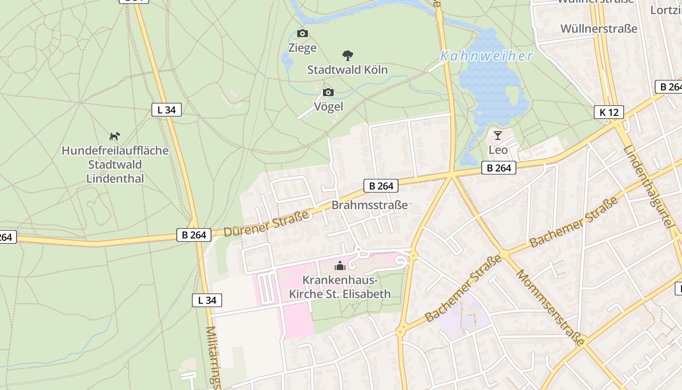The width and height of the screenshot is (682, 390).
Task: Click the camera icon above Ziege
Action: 303,34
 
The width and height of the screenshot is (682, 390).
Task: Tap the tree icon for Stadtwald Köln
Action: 347,55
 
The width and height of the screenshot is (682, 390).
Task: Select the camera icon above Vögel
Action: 328,92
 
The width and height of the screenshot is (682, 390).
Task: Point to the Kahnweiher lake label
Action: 487,56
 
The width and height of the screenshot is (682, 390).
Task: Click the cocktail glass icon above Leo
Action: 497,135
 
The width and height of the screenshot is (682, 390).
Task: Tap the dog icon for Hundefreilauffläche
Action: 114,136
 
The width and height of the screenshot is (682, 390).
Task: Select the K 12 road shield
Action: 609,112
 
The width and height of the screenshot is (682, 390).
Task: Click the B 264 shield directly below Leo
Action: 499,168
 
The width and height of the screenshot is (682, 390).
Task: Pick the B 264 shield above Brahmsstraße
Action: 381,186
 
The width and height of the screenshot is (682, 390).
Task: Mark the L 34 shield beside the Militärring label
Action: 207,300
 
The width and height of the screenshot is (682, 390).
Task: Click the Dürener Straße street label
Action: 266,224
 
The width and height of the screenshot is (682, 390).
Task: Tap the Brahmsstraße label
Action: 370,205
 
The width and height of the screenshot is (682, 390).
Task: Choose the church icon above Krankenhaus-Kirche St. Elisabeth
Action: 340,266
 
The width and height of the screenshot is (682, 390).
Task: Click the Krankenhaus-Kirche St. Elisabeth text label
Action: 340,287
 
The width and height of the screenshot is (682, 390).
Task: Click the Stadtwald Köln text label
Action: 347,70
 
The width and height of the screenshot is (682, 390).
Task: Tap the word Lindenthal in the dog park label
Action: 115,178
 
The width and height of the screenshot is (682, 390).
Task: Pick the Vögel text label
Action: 328,106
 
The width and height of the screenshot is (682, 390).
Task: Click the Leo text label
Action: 498,150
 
